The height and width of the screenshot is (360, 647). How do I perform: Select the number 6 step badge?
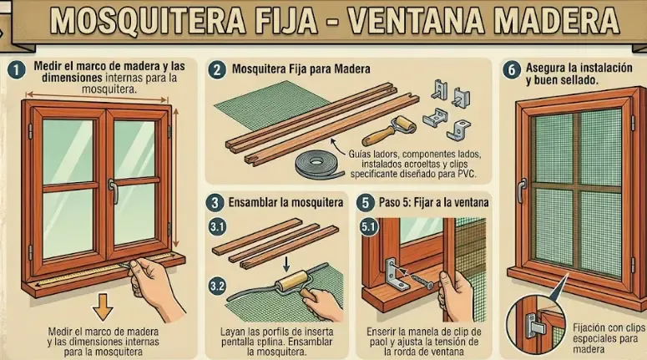pyautogui.click(x=511, y=70)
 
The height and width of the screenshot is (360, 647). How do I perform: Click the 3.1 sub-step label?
pyautogui.click(x=217, y=226)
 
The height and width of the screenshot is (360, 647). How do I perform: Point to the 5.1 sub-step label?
pyautogui.click(x=367, y=226)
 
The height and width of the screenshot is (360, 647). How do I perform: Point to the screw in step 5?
pyautogui.click(x=425, y=281)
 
